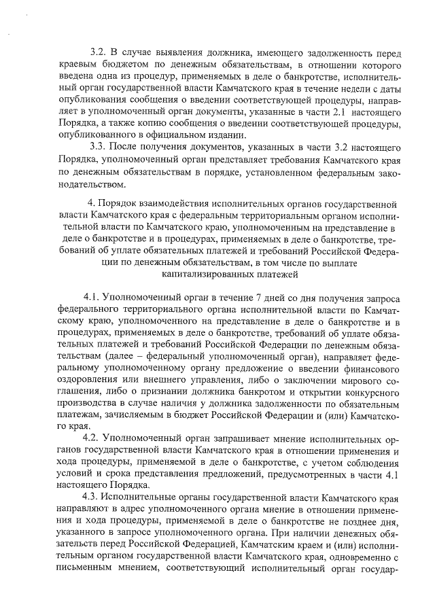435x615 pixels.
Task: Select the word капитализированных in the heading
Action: tap(207, 275)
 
